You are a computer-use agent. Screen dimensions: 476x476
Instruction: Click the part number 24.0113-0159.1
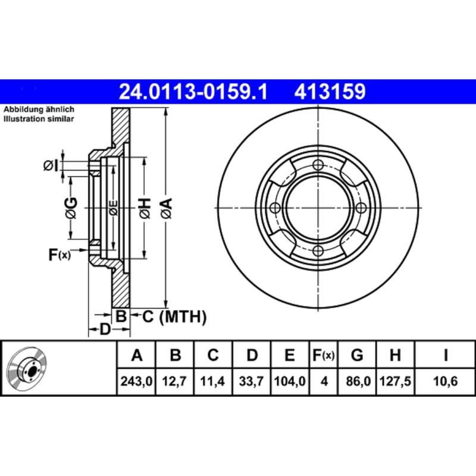[194, 92]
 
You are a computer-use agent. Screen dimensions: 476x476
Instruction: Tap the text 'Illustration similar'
[39, 120]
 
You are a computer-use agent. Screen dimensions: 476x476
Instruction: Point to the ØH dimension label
[144, 208]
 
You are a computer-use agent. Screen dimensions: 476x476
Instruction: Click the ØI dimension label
[51, 165]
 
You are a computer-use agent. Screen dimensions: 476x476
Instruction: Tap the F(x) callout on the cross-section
[59, 255]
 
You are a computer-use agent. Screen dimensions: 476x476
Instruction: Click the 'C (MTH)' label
[174, 317]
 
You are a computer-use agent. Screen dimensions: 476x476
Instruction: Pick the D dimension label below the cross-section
[105, 328]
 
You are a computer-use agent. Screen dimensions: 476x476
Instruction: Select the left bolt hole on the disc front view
[275, 208]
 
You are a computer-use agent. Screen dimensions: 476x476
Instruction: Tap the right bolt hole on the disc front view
[361, 208]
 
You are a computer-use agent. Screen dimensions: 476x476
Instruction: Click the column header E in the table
[289, 356]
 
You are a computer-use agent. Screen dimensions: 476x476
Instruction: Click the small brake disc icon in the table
[28, 368]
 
